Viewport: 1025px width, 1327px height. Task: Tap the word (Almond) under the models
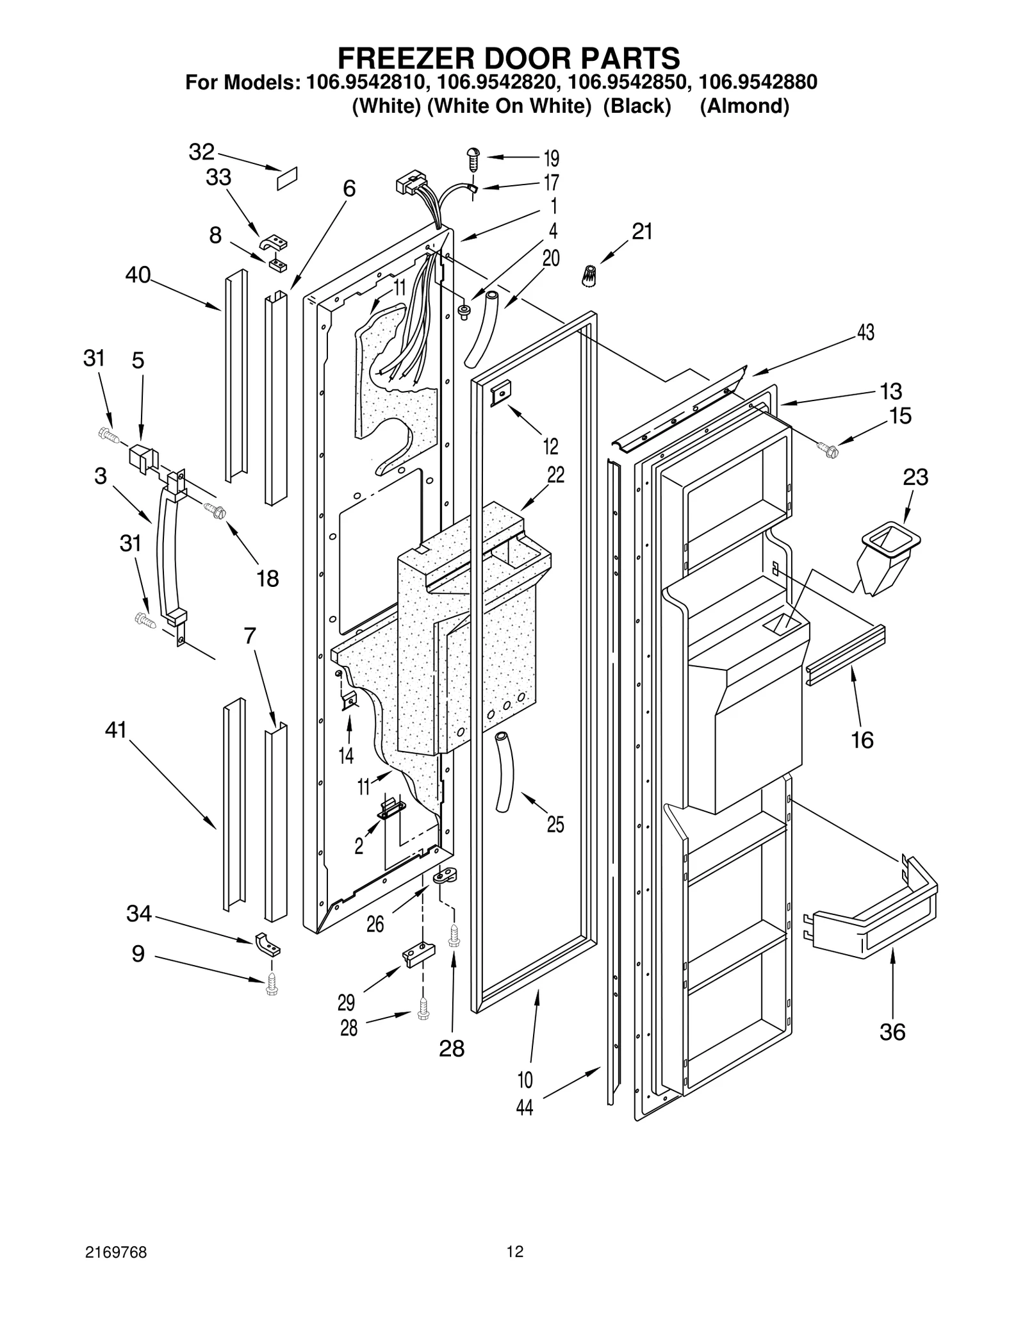[744, 106]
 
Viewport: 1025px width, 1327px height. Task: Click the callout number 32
[201, 152]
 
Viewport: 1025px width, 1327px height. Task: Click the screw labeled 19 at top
[473, 158]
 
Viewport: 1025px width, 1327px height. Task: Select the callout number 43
[865, 333]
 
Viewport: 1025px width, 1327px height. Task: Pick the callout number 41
[116, 730]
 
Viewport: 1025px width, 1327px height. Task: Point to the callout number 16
[862, 740]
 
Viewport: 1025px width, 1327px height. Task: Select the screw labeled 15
[827, 450]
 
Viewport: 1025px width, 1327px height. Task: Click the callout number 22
[555, 475]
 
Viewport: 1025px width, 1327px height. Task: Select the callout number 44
[525, 1108]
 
